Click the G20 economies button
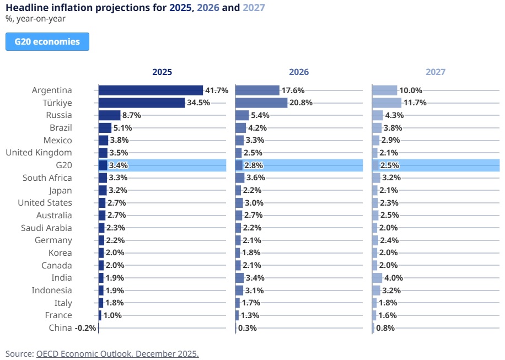[47, 42]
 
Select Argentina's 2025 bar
[151, 90]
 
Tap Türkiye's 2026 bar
[261, 103]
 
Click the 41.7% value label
[217, 90]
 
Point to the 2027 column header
[436, 72]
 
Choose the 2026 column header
[299, 72]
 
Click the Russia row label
[59, 115]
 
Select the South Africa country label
[47, 178]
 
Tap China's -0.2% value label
[85, 328]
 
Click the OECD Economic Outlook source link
[117, 353]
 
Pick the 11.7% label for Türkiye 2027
[415, 103]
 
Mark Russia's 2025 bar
[109, 115]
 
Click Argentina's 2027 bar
[384, 90]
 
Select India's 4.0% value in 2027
[394, 278]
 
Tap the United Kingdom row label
[39, 153]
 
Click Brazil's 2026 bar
[240, 128]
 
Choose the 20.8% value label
[301, 103]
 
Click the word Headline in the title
[25, 7]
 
